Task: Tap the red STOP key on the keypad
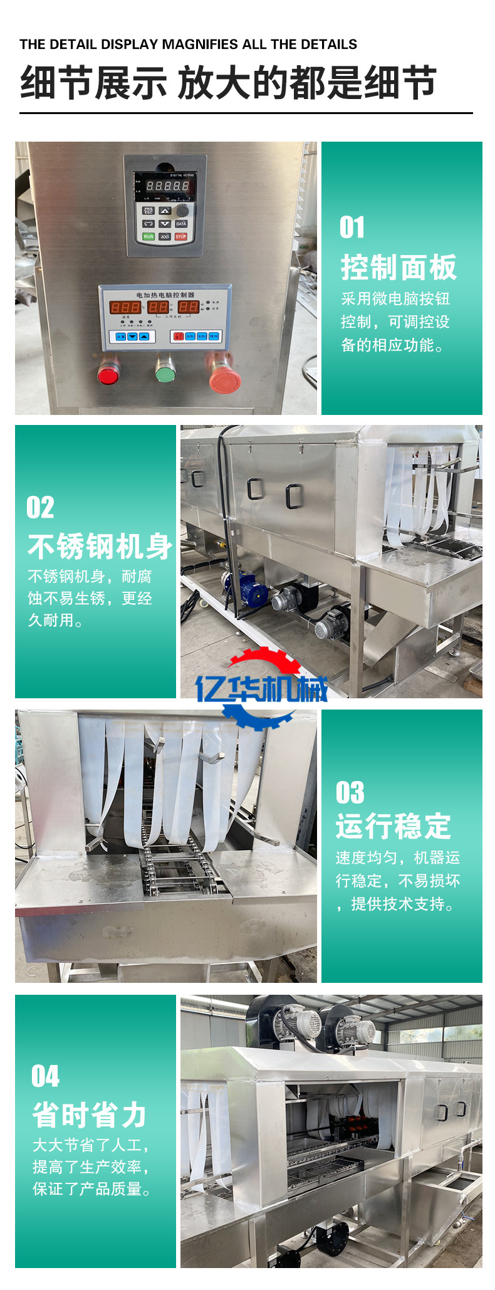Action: [x=181, y=236]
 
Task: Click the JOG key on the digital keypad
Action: [x=164, y=236]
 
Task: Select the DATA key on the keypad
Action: [x=181, y=224]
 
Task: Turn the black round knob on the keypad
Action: [x=182, y=210]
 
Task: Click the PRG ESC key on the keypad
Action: [x=148, y=211]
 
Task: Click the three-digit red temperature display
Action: [x=125, y=307]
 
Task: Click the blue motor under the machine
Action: [x=246, y=588]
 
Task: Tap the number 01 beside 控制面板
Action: [x=352, y=228]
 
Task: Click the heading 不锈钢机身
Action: [x=100, y=547]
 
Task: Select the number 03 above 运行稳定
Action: [x=350, y=793]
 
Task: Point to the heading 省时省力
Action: [x=90, y=1115]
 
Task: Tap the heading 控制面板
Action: [x=399, y=268]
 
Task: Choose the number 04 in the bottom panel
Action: [x=46, y=1076]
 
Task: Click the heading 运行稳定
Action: [x=393, y=826]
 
